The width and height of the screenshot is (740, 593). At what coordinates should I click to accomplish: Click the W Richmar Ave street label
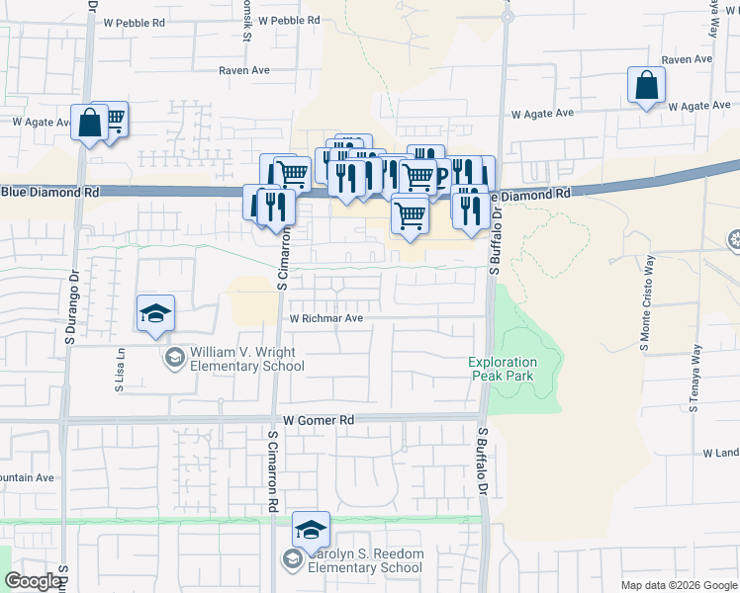tap(326, 319)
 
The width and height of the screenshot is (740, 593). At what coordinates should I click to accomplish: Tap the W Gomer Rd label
tap(318, 420)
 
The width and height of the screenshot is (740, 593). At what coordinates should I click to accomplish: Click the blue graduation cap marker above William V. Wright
tap(156, 315)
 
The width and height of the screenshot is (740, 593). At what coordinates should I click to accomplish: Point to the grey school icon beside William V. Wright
tap(175, 357)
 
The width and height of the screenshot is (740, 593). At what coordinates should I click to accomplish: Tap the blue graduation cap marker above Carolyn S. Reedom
tap(311, 531)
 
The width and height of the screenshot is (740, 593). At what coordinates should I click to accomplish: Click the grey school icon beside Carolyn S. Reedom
tap(292, 560)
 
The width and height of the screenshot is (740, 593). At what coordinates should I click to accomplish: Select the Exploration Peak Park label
tap(503, 370)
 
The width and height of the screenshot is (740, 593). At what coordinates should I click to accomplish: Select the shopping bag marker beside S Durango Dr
tap(89, 125)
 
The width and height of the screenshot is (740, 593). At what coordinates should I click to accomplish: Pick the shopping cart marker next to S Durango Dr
tap(113, 121)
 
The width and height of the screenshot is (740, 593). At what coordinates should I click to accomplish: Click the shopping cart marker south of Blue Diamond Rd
tap(410, 214)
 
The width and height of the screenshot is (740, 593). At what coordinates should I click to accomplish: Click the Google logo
tap(33, 582)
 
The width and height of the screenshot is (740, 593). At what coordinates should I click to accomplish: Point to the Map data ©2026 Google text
tap(678, 585)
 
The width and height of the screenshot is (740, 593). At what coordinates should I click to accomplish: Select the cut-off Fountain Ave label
tap(27, 478)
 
